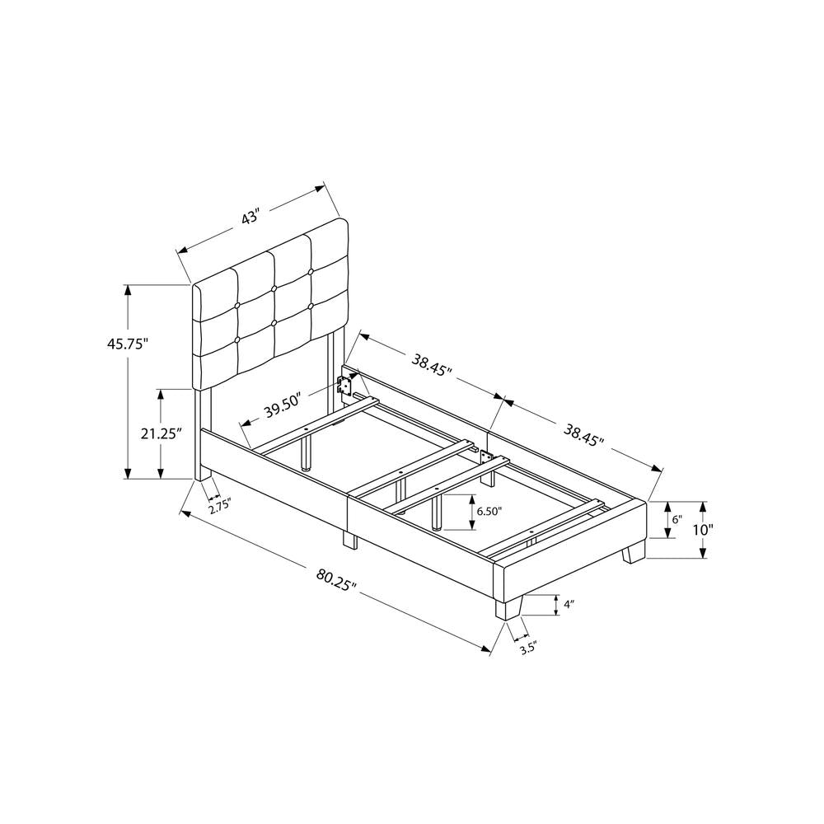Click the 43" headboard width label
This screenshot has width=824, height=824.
coord(251,218)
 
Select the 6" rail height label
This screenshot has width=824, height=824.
coord(677,520)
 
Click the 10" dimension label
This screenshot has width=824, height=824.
coord(703,530)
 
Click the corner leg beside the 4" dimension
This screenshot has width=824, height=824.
coord(507,607)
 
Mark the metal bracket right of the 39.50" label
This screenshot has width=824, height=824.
coord(347,384)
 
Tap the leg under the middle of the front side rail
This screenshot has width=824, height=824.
coord(349,540)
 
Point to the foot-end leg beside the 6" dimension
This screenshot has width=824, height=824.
coord(633,551)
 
